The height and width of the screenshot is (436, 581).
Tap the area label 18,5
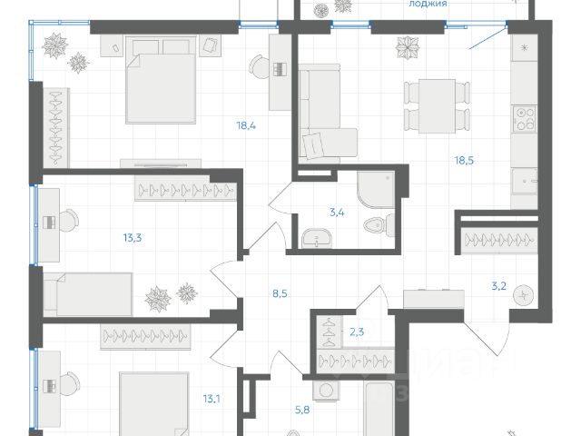[x=468, y=160]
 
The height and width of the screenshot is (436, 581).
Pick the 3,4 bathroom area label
[x=336, y=213]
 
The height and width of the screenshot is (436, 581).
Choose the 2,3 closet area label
[x=358, y=332]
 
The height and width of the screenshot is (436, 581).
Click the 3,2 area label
[x=498, y=286]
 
